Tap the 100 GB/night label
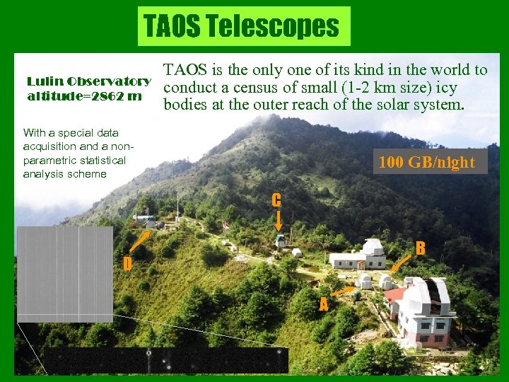(x=426, y=162)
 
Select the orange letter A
(x=323, y=305)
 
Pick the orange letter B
(x=420, y=248)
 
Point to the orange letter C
(x=276, y=199)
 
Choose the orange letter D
(x=127, y=264)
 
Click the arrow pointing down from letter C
(x=279, y=220)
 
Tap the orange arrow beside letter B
(x=400, y=263)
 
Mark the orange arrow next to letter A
(x=344, y=290)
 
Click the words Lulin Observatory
(x=88, y=81)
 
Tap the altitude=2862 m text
(x=84, y=95)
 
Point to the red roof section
(x=394, y=294)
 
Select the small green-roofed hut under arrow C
(x=281, y=241)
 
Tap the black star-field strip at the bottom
(x=167, y=360)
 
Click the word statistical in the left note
(x=100, y=160)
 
